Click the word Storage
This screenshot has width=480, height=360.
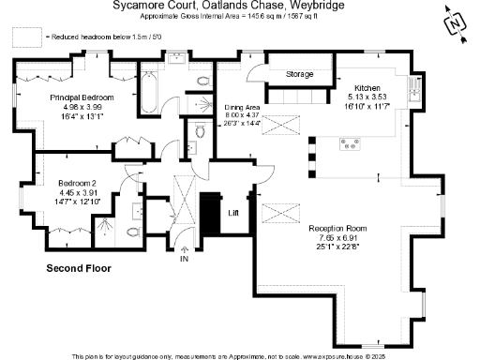pos(299,74)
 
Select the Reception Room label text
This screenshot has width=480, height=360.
pos(338,228)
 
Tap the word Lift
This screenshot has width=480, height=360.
pos(234,213)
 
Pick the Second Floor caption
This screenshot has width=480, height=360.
pos(79,268)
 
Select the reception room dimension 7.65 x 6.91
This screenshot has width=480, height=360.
pos(338,237)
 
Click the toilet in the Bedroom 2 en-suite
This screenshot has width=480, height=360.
pos(132,232)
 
